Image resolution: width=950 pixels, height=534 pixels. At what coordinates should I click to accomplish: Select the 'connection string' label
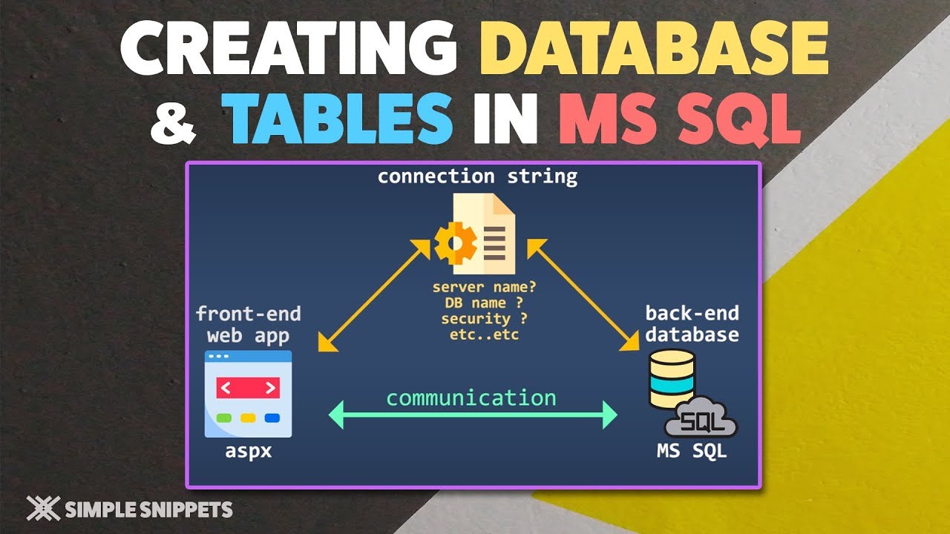[x=477, y=177]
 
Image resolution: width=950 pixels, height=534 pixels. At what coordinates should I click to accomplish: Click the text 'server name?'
[x=476, y=287]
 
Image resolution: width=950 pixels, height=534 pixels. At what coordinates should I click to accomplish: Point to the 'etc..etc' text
[x=476, y=334]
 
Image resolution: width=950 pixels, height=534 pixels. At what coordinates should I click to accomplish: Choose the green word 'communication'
[x=471, y=398]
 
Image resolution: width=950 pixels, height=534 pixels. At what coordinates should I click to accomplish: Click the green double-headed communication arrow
[x=473, y=415]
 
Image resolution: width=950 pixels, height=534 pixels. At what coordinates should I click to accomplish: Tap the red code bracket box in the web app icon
[x=248, y=387]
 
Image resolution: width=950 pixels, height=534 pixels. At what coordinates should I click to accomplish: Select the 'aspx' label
[x=248, y=450]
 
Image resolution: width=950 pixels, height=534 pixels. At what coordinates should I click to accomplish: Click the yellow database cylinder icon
[x=672, y=379]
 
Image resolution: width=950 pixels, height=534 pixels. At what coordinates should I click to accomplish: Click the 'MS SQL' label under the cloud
[x=692, y=450]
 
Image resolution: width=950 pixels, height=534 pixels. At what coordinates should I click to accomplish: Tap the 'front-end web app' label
[x=248, y=324]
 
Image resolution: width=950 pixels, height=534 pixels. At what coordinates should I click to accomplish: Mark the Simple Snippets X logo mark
[x=43, y=508]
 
